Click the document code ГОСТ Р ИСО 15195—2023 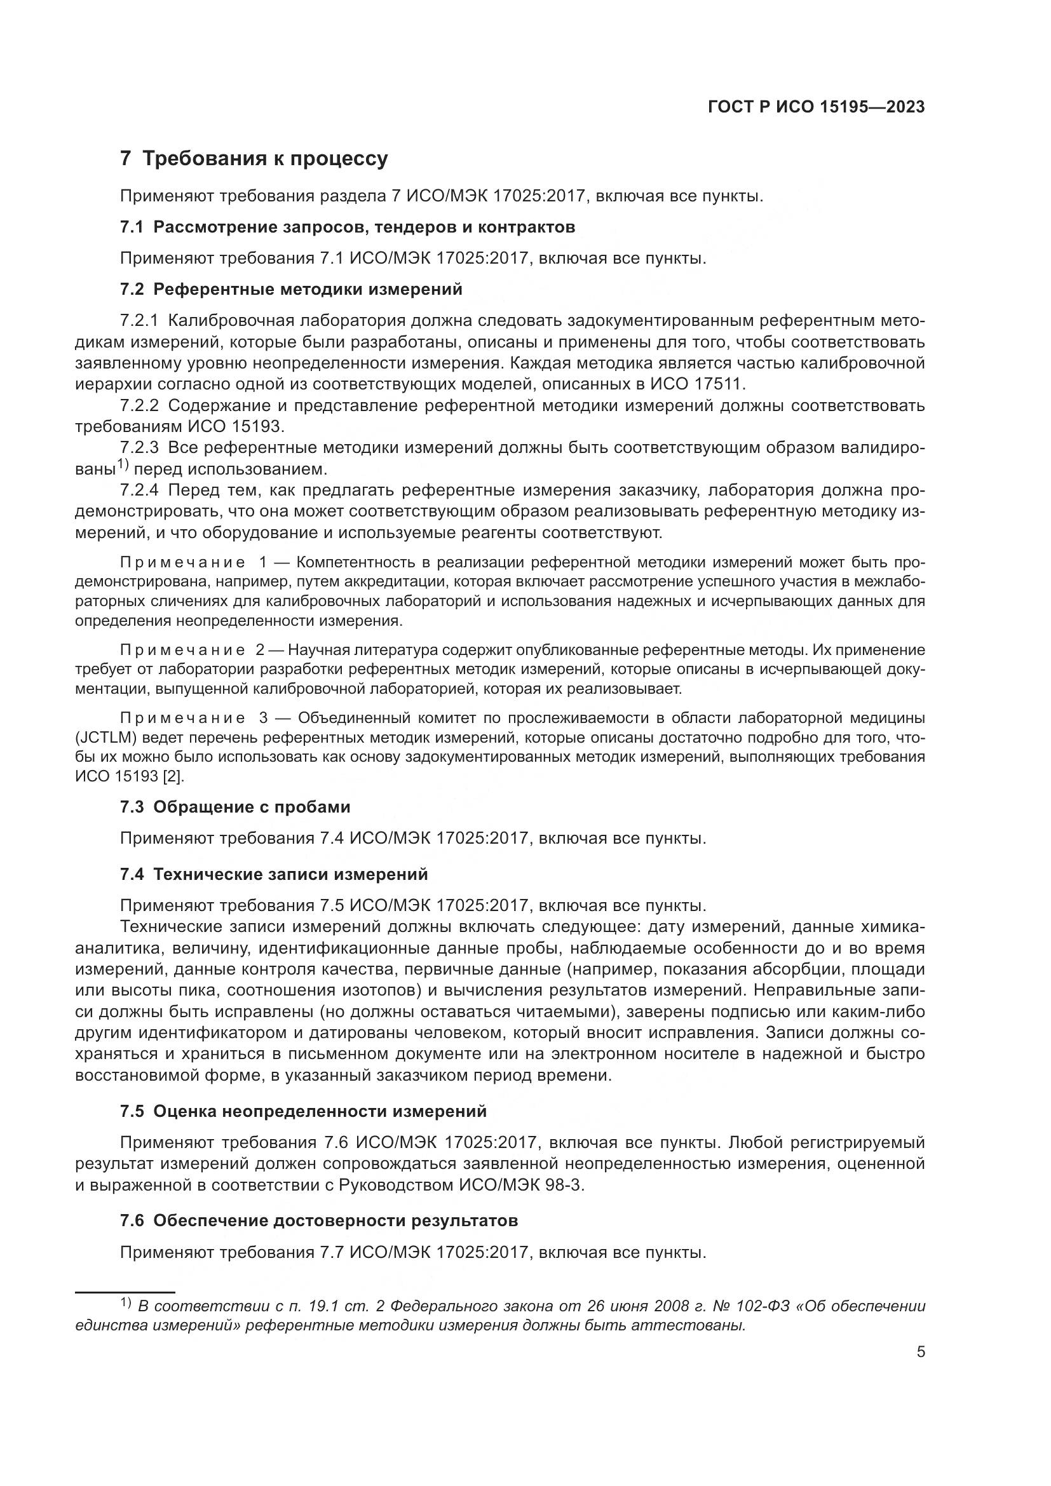pos(816,107)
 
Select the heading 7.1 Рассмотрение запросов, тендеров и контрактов pos(348,227)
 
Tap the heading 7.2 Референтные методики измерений pos(291,289)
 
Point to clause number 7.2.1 pos(139,321)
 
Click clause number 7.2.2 pos(139,406)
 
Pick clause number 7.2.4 pos(139,490)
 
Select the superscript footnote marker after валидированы pos(124,464)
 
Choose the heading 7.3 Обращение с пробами pos(235,807)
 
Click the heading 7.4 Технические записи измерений pos(274,874)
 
